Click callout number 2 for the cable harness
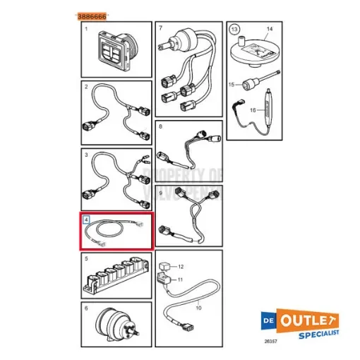pos(85,88)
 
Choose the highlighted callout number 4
pos(85,220)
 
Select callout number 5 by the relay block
pos(85,259)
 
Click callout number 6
pos(85,308)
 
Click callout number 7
pos(161,29)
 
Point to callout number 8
pos(161,127)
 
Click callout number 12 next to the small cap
pos(181,266)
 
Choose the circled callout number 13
pos(234,29)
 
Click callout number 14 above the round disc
pos(268,30)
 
